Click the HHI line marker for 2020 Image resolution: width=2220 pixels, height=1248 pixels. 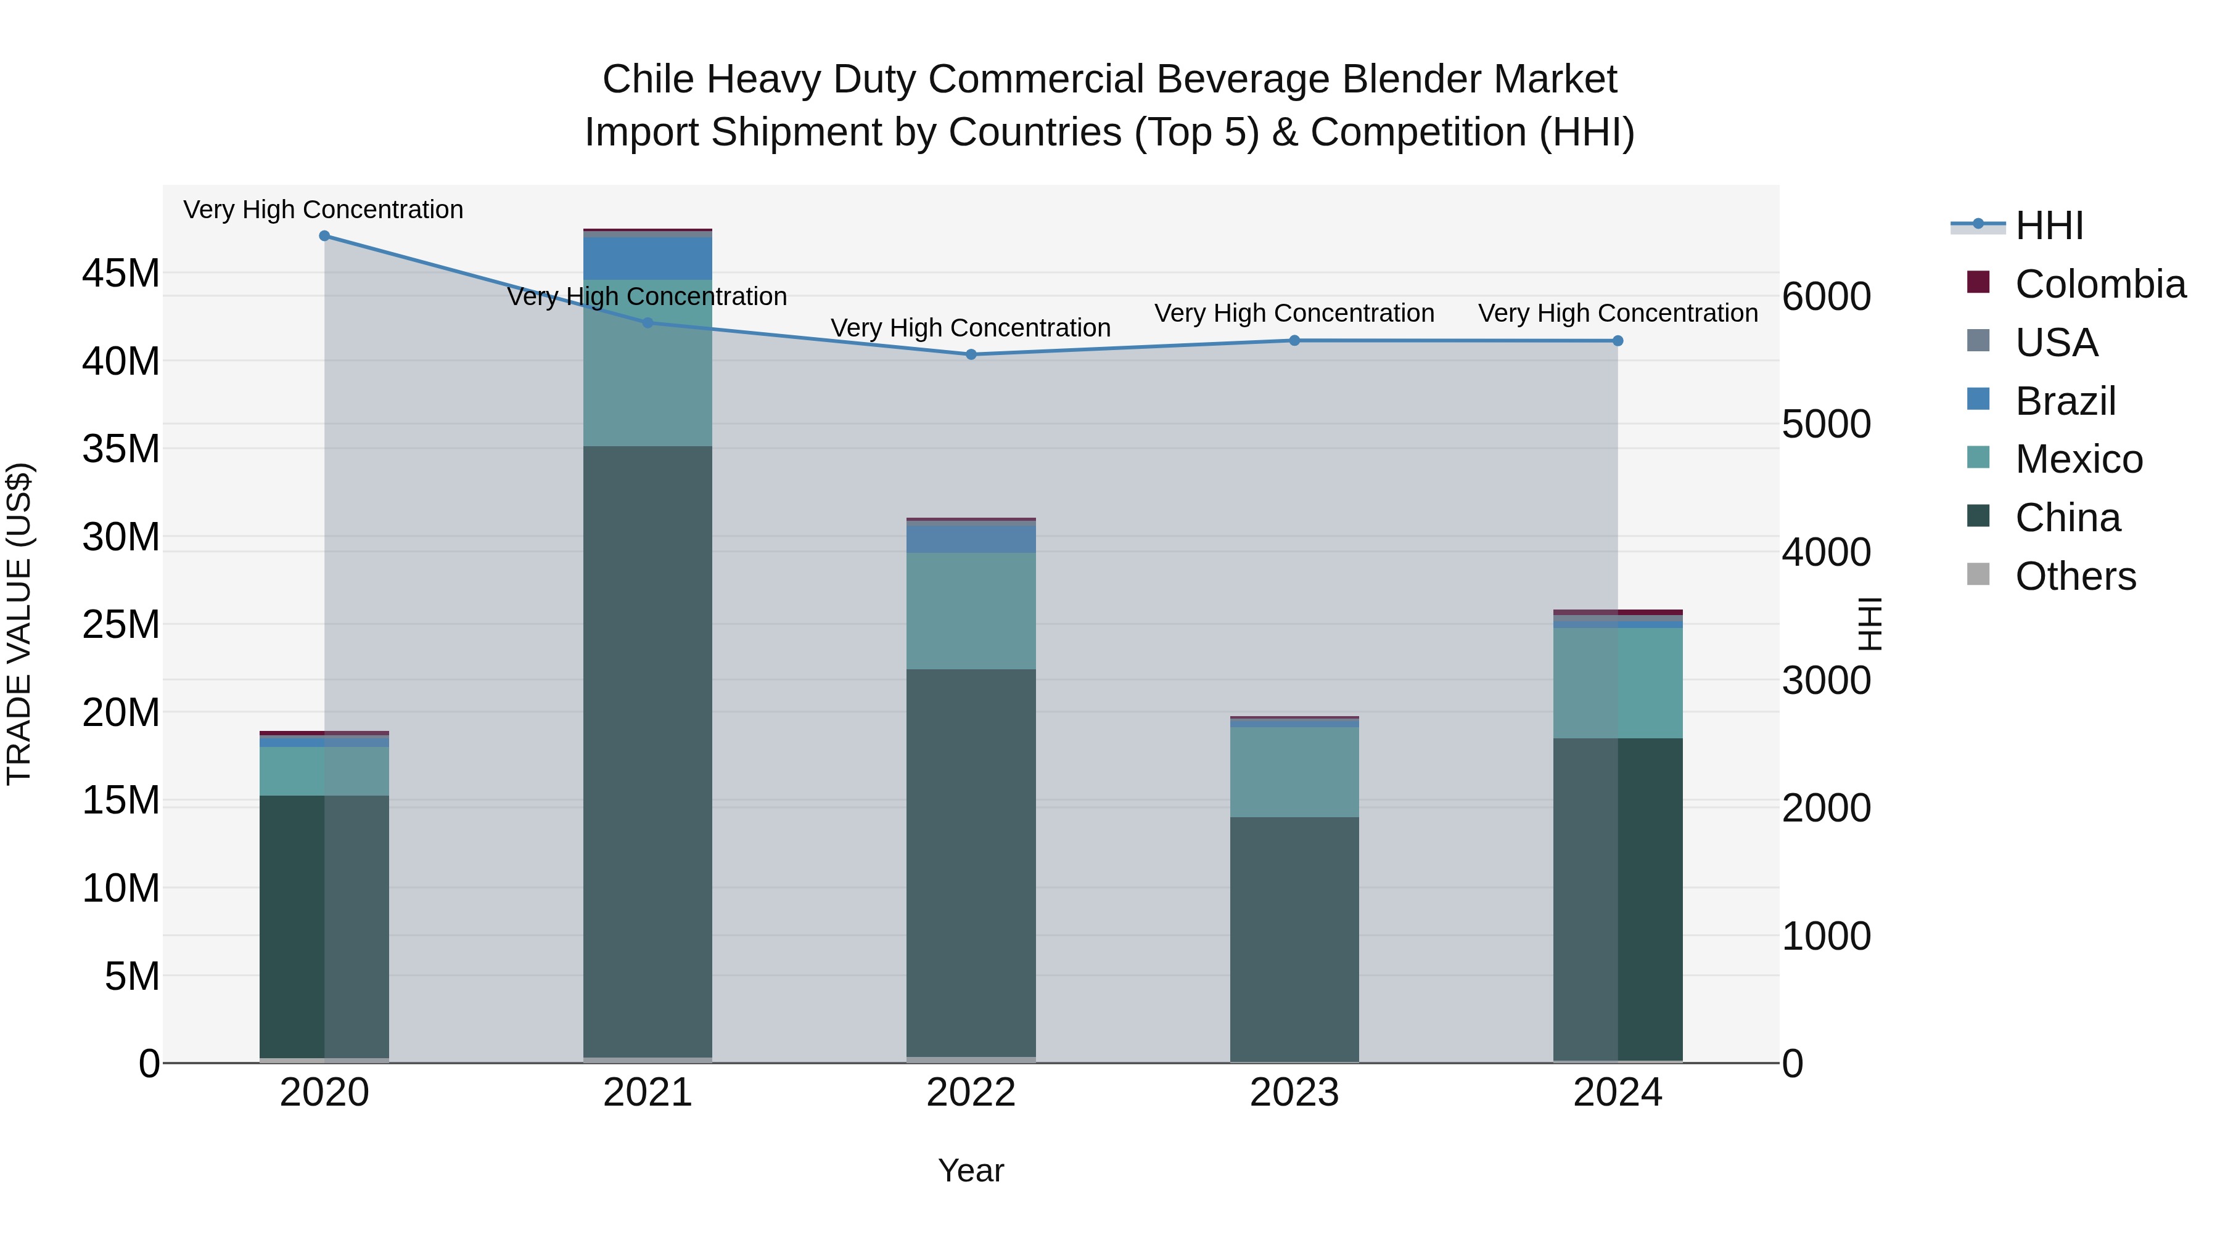tap(324, 236)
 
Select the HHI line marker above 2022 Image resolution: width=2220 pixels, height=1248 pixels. tap(971, 354)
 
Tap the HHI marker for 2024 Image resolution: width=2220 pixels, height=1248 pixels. tap(1618, 341)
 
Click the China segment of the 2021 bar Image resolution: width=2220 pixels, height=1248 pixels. tap(647, 749)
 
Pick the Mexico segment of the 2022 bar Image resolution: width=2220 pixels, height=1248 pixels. tap(971, 611)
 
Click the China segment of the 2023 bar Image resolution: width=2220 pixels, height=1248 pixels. tap(1294, 939)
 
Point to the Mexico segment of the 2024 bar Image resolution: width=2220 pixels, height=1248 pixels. tap(1618, 682)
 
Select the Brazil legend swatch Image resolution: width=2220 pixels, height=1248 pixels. tap(1979, 399)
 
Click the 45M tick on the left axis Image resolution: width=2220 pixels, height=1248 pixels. tap(121, 274)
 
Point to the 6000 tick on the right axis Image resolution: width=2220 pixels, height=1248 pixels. tap(1826, 296)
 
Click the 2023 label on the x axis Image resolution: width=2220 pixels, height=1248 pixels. tap(1294, 1093)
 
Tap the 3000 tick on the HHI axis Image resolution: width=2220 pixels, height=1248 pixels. tap(1826, 680)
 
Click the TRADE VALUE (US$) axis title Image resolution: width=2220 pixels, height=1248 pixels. tap(20, 624)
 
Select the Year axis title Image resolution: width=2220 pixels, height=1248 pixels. tap(971, 1170)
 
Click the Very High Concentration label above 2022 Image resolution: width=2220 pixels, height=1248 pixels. tap(971, 328)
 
